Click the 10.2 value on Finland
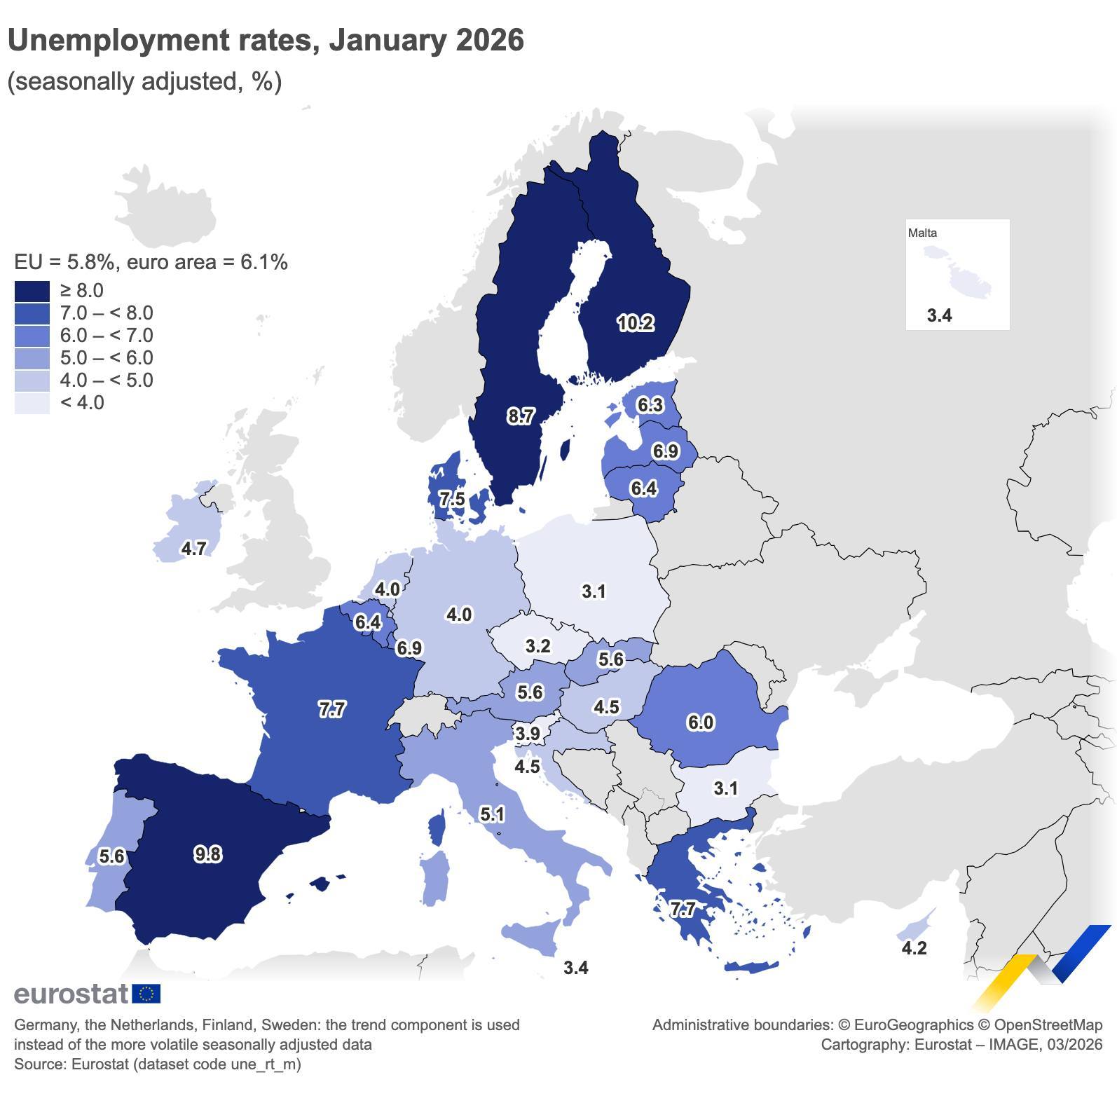[635, 323]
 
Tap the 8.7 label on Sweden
[521, 416]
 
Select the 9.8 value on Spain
[207, 854]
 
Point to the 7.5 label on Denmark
[451, 499]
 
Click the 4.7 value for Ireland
[193, 548]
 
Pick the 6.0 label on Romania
[700, 722]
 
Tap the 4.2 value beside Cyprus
[914, 948]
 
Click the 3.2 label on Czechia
[537, 645]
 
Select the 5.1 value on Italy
[492, 814]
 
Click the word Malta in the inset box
[922, 233]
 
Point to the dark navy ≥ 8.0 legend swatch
[32, 291]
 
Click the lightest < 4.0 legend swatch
[32, 403]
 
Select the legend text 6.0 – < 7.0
[107, 336]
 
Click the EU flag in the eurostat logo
[146, 994]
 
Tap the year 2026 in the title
[489, 40]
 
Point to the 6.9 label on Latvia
[665, 451]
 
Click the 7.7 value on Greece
[682, 910]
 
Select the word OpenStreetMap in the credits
[1048, 1025]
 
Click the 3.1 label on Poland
[594, 591]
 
